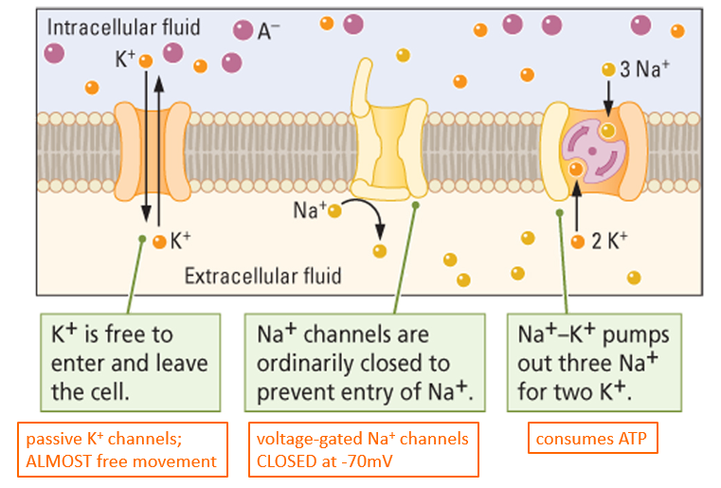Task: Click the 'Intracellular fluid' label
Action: click(123, 27)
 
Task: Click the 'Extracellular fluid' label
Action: click(262, 277)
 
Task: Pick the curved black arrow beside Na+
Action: click(369, 217)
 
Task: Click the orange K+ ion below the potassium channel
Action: click(159, 241)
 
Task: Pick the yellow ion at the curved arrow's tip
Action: click(380, 251)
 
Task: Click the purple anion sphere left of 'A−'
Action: click(243, 30)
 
